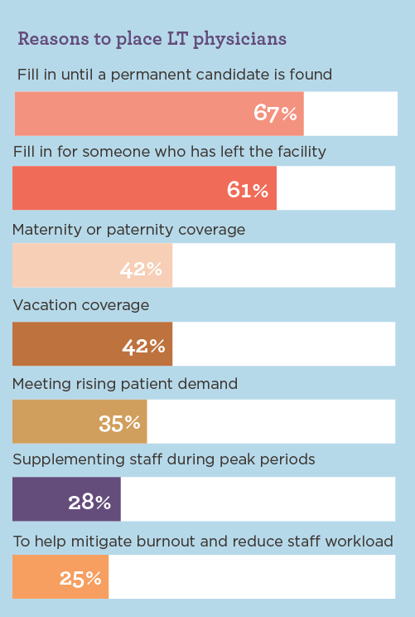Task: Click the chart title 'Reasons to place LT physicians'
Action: point(152,39)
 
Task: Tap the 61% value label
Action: point(247,190)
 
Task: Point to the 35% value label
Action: point(119,423)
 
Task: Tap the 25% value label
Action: point(80,578)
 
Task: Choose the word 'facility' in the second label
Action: point(299,152)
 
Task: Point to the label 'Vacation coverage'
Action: point(81,305)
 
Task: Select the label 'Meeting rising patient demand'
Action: point(125,384)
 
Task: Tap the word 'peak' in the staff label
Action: point(234,460)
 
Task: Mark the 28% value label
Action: point(89,501)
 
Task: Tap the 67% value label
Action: point(275,114)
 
